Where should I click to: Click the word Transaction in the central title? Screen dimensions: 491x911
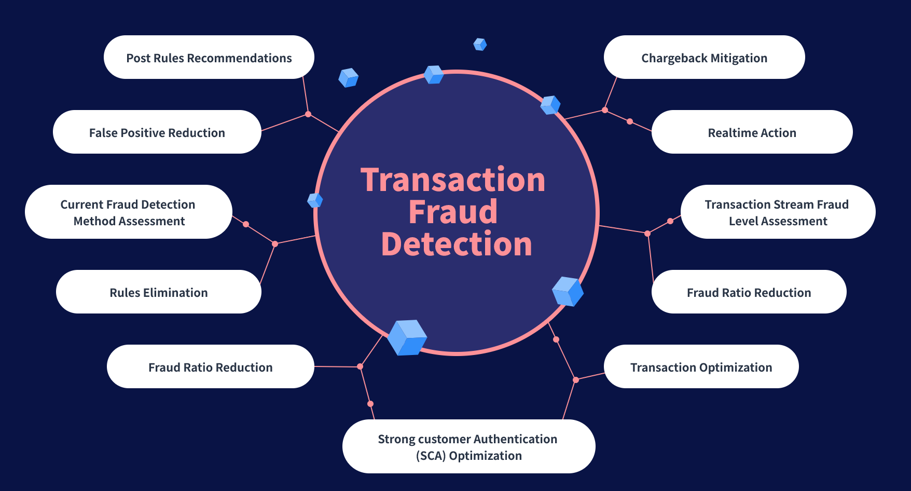[x=453, y=180]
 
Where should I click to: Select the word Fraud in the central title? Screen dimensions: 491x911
[x=453, y=212]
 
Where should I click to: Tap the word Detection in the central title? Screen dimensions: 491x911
[x=457, y=244]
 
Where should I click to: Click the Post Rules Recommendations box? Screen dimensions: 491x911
[x=209, y=58]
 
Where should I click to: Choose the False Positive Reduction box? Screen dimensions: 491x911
[x=157, y=132]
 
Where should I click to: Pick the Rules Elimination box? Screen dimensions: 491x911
[x=158, y=292]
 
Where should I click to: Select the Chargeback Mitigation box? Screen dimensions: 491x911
[x=704, y=58]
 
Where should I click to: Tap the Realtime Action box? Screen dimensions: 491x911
[x=752, y=132]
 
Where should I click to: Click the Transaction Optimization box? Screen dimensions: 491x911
[x=701, y=367]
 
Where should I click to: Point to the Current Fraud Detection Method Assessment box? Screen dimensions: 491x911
[x=128, y=212]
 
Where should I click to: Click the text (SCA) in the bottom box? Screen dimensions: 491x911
[x=431, y=456]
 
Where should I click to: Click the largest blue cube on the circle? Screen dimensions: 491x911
[x=407, y=337]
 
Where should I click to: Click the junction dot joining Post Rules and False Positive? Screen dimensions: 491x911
[x=308, y=114]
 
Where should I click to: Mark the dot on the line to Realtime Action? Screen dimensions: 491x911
[x=630, y=121]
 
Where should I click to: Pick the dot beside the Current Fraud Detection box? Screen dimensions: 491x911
[x=246, y=224]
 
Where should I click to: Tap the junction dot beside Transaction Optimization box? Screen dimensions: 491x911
[x=575, y=380]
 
